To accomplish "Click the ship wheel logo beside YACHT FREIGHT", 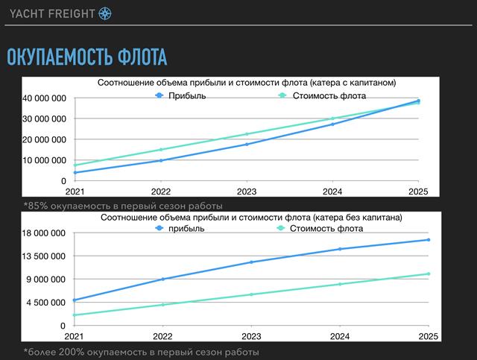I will point(105,13).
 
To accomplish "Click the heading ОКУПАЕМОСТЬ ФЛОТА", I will point(86,57).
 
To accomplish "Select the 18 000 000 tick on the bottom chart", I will point(45,233).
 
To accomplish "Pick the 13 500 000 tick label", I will point(45,256).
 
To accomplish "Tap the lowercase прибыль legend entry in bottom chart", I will point(187,229).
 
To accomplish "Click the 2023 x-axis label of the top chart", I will point(247,192).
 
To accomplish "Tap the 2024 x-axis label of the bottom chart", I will point(341,337).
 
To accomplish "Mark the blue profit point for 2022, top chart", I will point(161,160).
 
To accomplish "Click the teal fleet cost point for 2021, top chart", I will point(75,165).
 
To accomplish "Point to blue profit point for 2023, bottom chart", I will point(252,262).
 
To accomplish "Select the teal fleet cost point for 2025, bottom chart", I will point(428,274).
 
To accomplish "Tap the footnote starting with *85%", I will point(123,205).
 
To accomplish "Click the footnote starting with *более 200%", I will point(141,351).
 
